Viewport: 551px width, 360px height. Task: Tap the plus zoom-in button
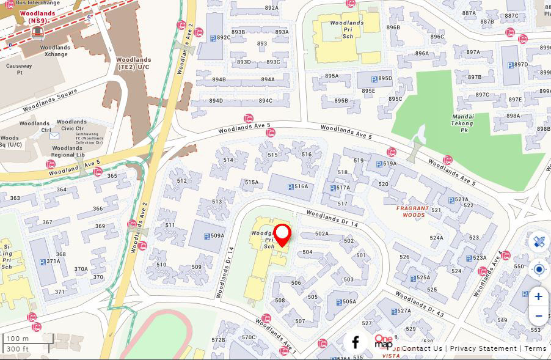pyautogui.click(x=538, y=296)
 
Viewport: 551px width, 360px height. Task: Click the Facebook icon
pyautogui.click(x=356, y=342)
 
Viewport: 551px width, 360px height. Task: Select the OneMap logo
pyautogui.click(x=384, y=342)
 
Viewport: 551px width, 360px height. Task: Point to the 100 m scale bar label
pyautogui.click(x=18, y=339)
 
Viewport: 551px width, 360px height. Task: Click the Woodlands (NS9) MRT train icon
pyautogui.click(x=38, y=32)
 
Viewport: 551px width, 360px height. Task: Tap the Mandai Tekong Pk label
pyautogui.click(x=463, y=123)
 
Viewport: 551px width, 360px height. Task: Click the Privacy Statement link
pyautogui.click(x=483, y=348)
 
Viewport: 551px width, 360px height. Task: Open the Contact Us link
pyautogui.click(x=421, y=348)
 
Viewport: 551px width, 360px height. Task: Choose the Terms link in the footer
pyautogui.click(x=535, y=348)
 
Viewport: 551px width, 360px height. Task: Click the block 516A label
pyautogui.click(x=301, y=186)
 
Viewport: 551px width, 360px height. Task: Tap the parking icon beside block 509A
pyautogui.click(x=206, y=235)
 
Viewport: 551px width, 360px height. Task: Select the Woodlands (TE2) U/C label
pyautogui.click(x=134, y=64)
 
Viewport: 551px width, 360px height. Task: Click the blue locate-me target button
pyautogui.click(x=538, y=269)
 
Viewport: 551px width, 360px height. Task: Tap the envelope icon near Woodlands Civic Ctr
pyautogui.click(x=55, y=136)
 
